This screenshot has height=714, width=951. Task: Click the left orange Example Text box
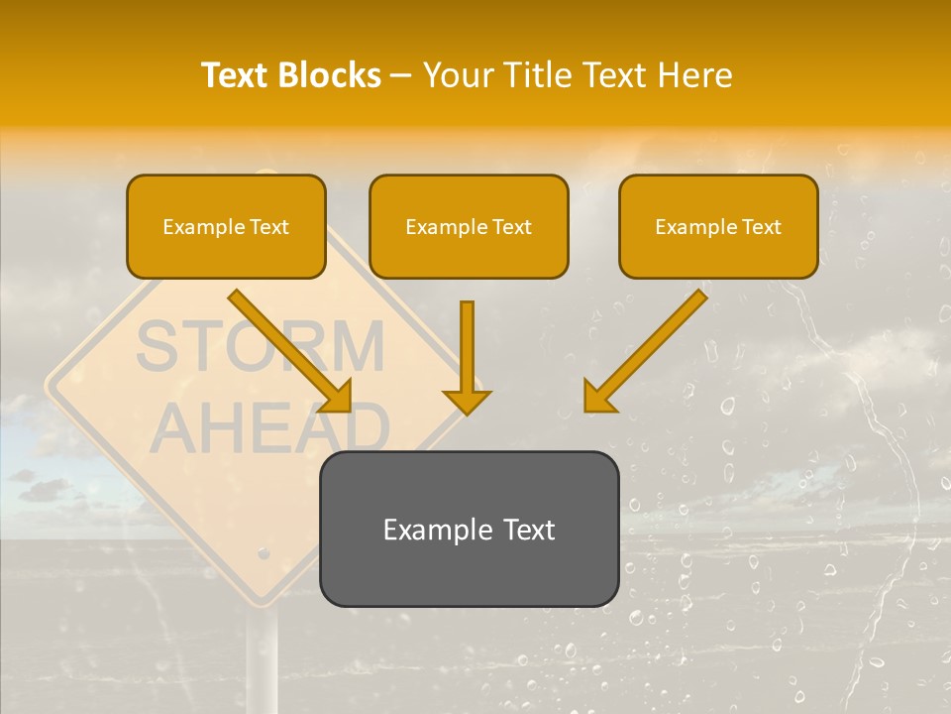click(x=226, y=226)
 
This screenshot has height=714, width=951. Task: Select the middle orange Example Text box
click(x=469, y=226)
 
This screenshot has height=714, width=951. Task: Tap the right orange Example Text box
click(x=718, y=226)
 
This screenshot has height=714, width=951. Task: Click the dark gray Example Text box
click(x=469, y=529)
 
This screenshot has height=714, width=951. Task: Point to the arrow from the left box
click(x=287, y=348)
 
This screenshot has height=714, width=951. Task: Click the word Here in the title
click(x=695, y=75)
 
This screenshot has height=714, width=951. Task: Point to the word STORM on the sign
click(x=260, y=347)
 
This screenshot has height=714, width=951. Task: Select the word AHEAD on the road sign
click(x=269, y=427)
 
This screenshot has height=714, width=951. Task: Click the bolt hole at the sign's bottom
click(x=263, y=551)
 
